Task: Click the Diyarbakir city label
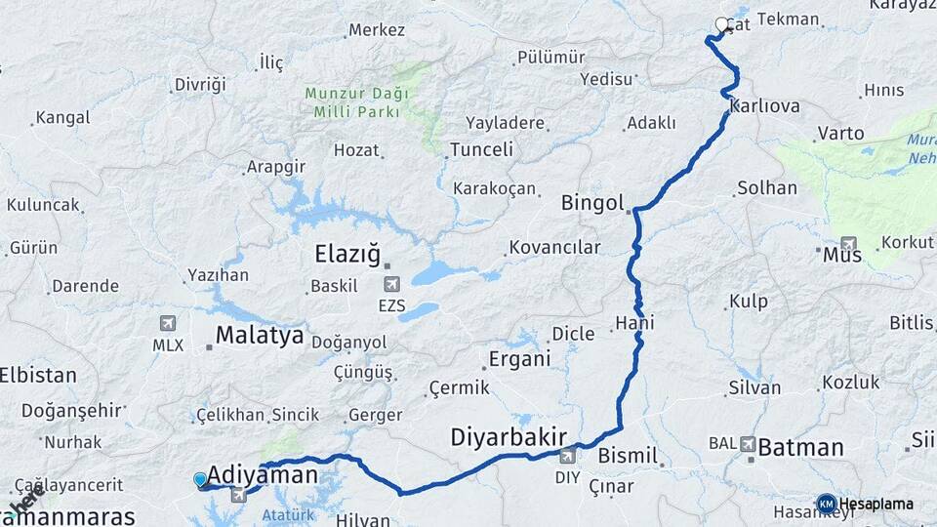pyautogui.click(x=508, y=436)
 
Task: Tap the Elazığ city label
pyautogui.click(x=346, y=255)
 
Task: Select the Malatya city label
pyautogui.click(x=259, y=336)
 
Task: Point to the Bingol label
pyautogui.click(x=591, y=203)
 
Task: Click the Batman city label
pyautogui.click(x=800, y=448)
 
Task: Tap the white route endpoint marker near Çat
pyautogui.click(x=722, y=24)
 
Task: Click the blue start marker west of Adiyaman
pyautogui.click(x=200, y=479)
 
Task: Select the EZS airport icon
pyautogui.click(x=391, y=285)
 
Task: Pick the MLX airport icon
pyautogui.click(x=168, y=323)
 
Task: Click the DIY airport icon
pyautogui.click(x=567, y=456)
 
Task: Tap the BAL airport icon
pyautogui.click(x=748, y=444)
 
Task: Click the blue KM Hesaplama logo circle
pyautogui.click(x=826, y=504)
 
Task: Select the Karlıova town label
pyautogui.click(x=764, y=105)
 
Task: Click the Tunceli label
pyautogui.click(x=480, y=149)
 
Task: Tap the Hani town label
pyautogui.click(x=634, y=322)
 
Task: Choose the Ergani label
pyautogui.click(x=519, y=358)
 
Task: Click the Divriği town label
pyautogui.click(x=200, y=84)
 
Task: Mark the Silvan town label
pyautogui.click(x=754, y=387)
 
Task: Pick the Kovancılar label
pyautogui.click(x=554, y=247)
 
